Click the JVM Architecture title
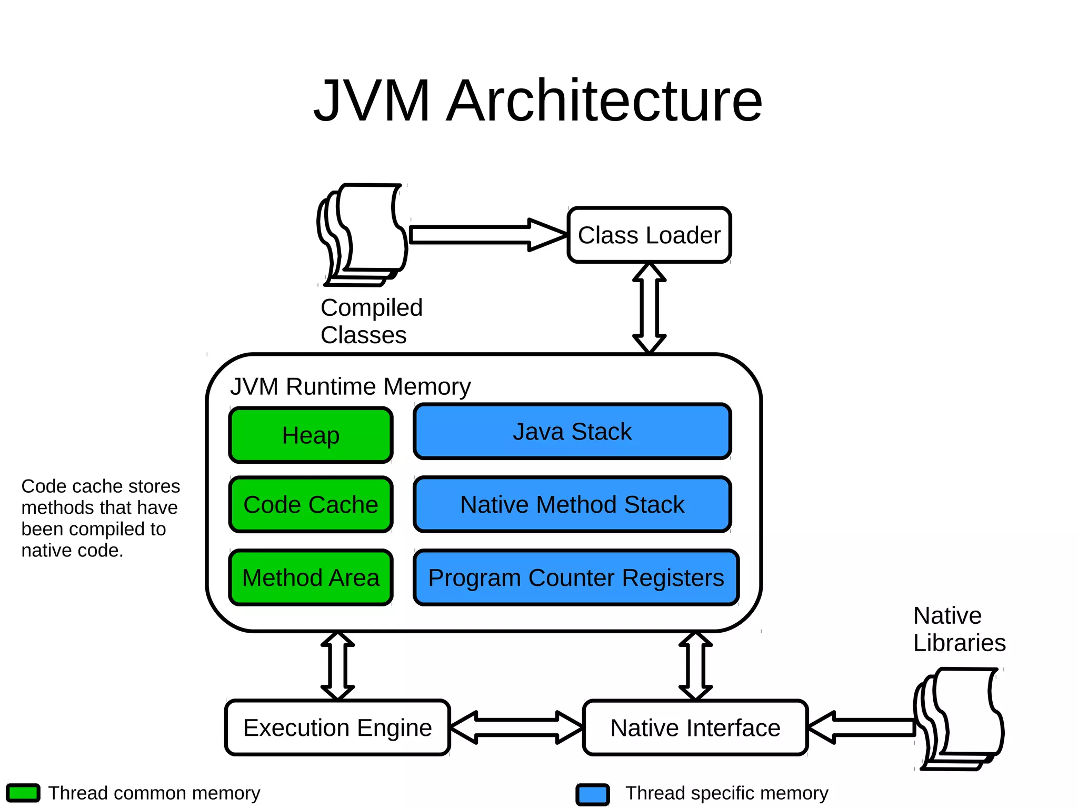point(538,101)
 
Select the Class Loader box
point(649,235)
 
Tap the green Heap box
point(311,435)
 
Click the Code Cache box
point(311,504)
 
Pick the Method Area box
point(311,577)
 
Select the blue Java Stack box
point(572,432)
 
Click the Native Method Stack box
point(572,504)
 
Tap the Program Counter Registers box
point(576,577)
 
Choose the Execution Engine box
point(337,727)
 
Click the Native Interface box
point(695,727)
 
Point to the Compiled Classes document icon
point(363,234)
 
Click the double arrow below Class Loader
point(649,308)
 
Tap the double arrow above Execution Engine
point(337,666)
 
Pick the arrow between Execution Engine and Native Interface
point(516,727)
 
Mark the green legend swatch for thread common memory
point(23,793)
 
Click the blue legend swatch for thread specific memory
point(593,794)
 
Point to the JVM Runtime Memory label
point(350,386)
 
